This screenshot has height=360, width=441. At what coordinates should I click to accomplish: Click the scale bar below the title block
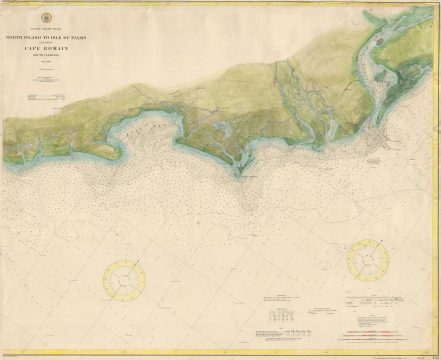(50, 96)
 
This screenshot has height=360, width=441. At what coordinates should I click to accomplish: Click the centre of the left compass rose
(124, 280)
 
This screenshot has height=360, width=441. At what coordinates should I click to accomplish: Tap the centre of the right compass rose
(368, 260)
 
